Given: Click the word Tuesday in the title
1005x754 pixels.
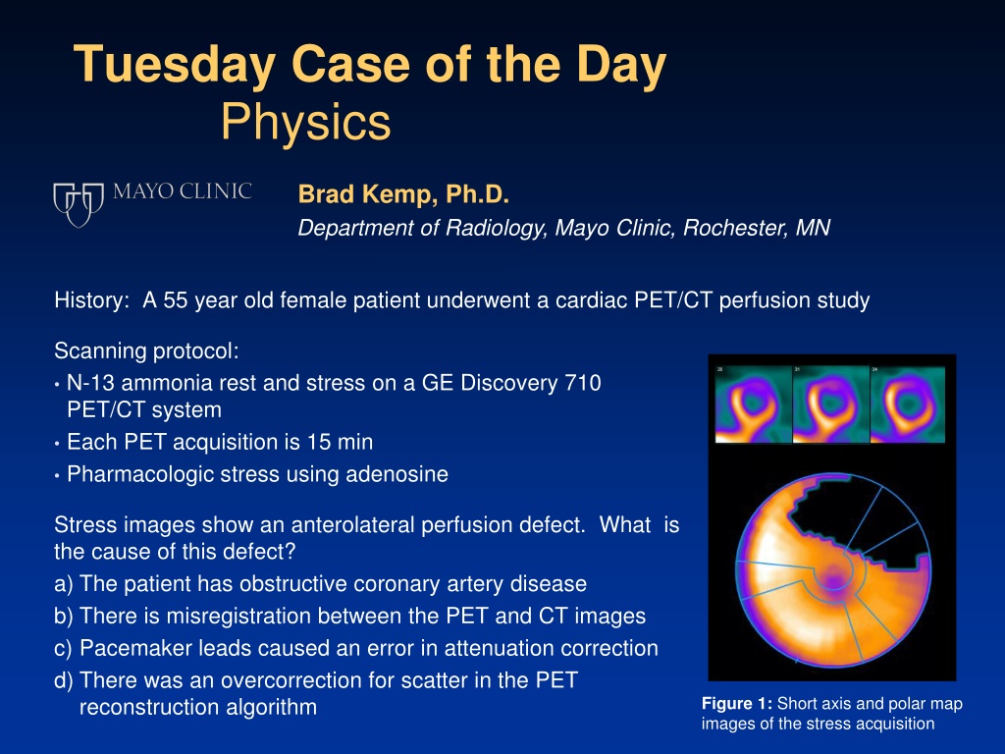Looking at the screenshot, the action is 175,65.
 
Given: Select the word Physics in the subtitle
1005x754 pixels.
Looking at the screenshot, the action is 306,123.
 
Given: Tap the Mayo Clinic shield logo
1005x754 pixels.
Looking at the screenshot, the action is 79,204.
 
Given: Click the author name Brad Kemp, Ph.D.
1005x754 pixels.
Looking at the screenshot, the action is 403,193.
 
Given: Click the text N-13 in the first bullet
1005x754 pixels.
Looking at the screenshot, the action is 90,383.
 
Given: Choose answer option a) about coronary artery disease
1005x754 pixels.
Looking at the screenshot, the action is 321,584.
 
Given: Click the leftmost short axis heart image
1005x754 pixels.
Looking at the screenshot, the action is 754,404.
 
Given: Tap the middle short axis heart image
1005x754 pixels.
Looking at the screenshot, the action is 831,404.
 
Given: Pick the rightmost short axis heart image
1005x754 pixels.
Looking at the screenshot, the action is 908,404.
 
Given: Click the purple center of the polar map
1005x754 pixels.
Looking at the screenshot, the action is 832,575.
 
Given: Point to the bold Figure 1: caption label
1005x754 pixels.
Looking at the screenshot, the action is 737,703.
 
